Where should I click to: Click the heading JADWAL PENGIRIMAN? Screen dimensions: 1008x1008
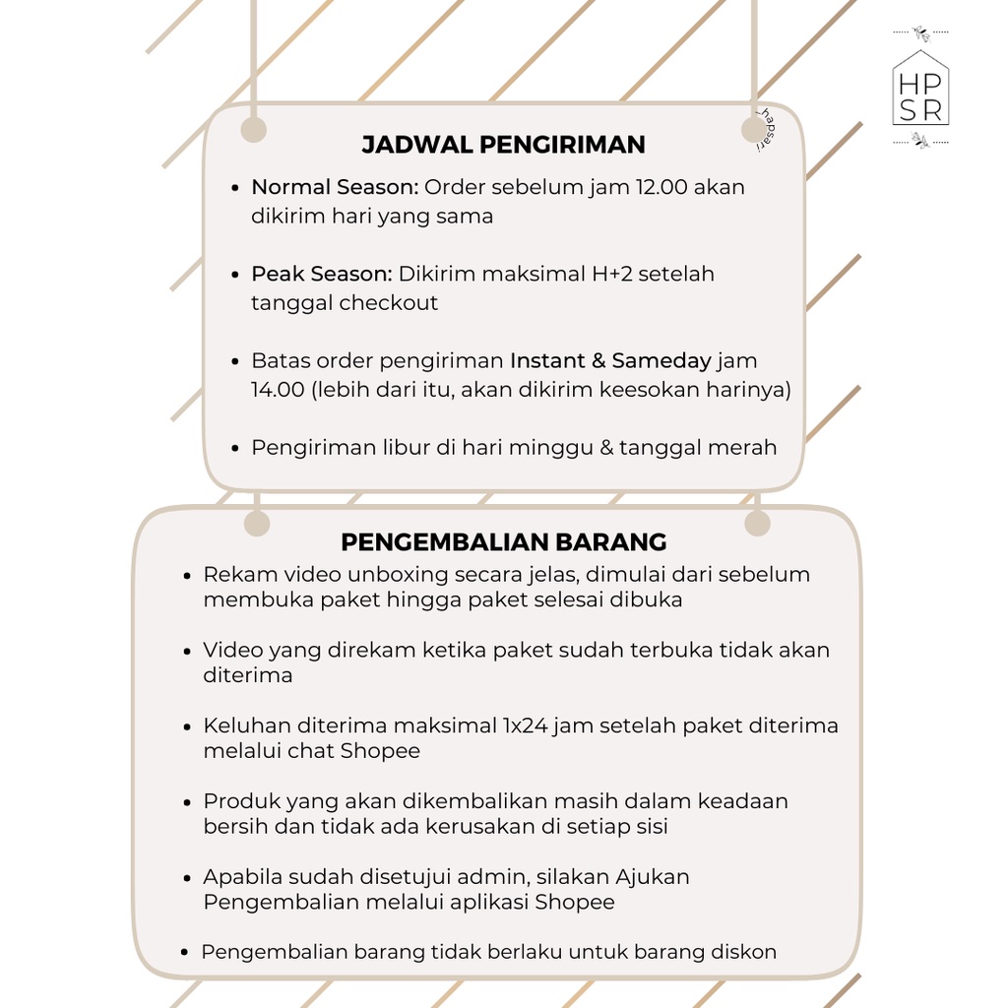coord(503,145)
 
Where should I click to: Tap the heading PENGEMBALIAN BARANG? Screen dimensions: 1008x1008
coord(503,542)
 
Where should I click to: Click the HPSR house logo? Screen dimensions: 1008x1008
coord(920,90)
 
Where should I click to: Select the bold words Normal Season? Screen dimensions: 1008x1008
coord(335,187)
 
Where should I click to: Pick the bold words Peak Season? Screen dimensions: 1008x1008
coord(321,274)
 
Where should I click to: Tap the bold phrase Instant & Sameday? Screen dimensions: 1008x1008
coord(609,361)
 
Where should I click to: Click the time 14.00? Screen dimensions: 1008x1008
coord(278,390)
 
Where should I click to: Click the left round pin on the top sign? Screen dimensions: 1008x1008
coord(254,130)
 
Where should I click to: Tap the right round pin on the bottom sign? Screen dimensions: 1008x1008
coord(757,524)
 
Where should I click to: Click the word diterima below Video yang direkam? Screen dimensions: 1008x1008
coord(247,675)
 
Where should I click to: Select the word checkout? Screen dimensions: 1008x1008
coord(389,303)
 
